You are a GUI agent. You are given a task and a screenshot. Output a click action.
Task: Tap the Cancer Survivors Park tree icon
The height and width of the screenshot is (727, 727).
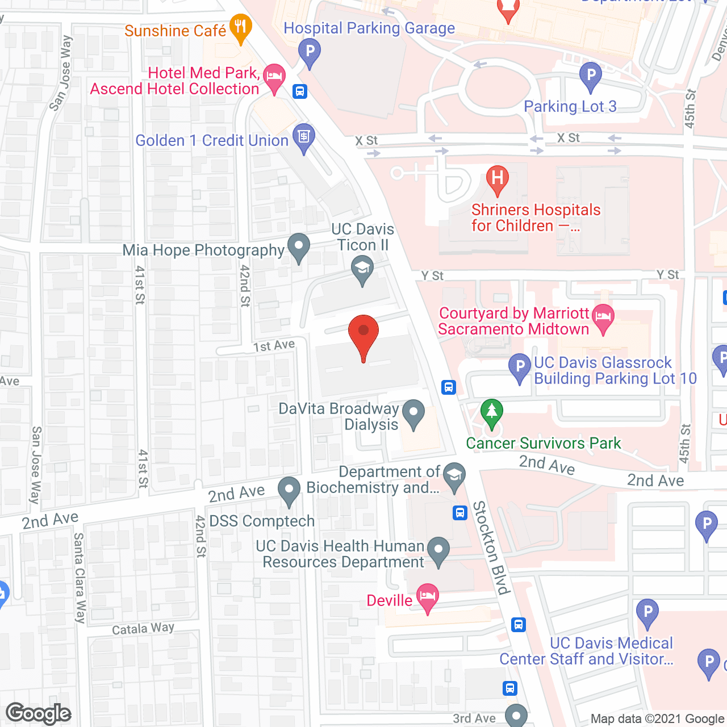click(491, 412)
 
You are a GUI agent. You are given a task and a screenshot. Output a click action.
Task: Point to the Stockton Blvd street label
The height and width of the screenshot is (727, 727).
click(491, 548)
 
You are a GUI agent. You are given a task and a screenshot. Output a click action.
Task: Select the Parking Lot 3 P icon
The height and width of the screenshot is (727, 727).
click(591, 76)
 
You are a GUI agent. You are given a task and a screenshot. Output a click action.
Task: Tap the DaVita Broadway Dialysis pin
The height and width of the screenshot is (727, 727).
click(413, 413)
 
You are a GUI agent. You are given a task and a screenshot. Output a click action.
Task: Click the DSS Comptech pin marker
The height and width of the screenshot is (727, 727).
click(289, 490)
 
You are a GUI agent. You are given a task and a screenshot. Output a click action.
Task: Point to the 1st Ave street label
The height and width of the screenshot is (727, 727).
click(274, 345)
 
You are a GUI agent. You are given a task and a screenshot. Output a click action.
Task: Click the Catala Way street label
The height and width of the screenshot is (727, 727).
click(143, 628)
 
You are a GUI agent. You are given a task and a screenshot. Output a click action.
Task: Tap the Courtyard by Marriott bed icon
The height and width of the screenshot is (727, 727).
click(603, 317)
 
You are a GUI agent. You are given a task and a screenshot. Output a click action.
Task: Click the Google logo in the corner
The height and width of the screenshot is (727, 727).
click(39, 713)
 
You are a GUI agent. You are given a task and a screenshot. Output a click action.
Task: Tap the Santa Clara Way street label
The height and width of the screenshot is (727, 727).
click(80, 578)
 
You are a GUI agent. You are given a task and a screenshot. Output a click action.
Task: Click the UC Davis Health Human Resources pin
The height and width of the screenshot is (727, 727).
click(438, 551)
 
